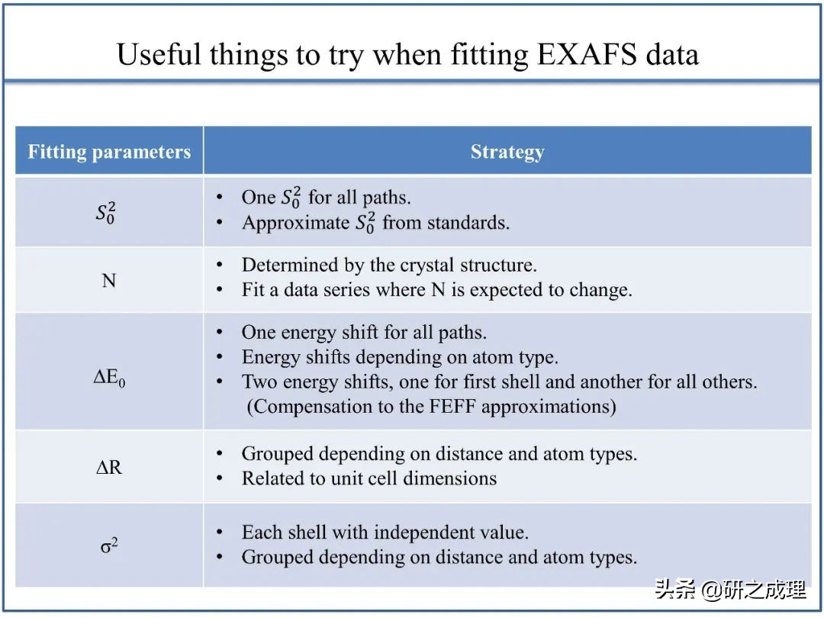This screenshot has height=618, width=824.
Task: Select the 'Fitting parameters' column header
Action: click(109, 152)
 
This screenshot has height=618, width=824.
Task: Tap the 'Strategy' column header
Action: click(507, 152)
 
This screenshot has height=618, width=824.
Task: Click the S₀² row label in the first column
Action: click(105, 213)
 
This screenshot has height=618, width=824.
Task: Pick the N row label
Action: click(109, 281)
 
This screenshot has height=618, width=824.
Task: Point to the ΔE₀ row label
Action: click(109, 378)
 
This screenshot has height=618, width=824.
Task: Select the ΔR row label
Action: click(109, 467)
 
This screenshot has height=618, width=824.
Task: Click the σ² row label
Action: click(109, 546)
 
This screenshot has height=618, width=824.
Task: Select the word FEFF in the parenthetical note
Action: click(453, 406)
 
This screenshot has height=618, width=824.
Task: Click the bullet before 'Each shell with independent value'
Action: click(220, 533)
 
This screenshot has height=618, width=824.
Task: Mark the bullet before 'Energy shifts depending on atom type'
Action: click(220, 357)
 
